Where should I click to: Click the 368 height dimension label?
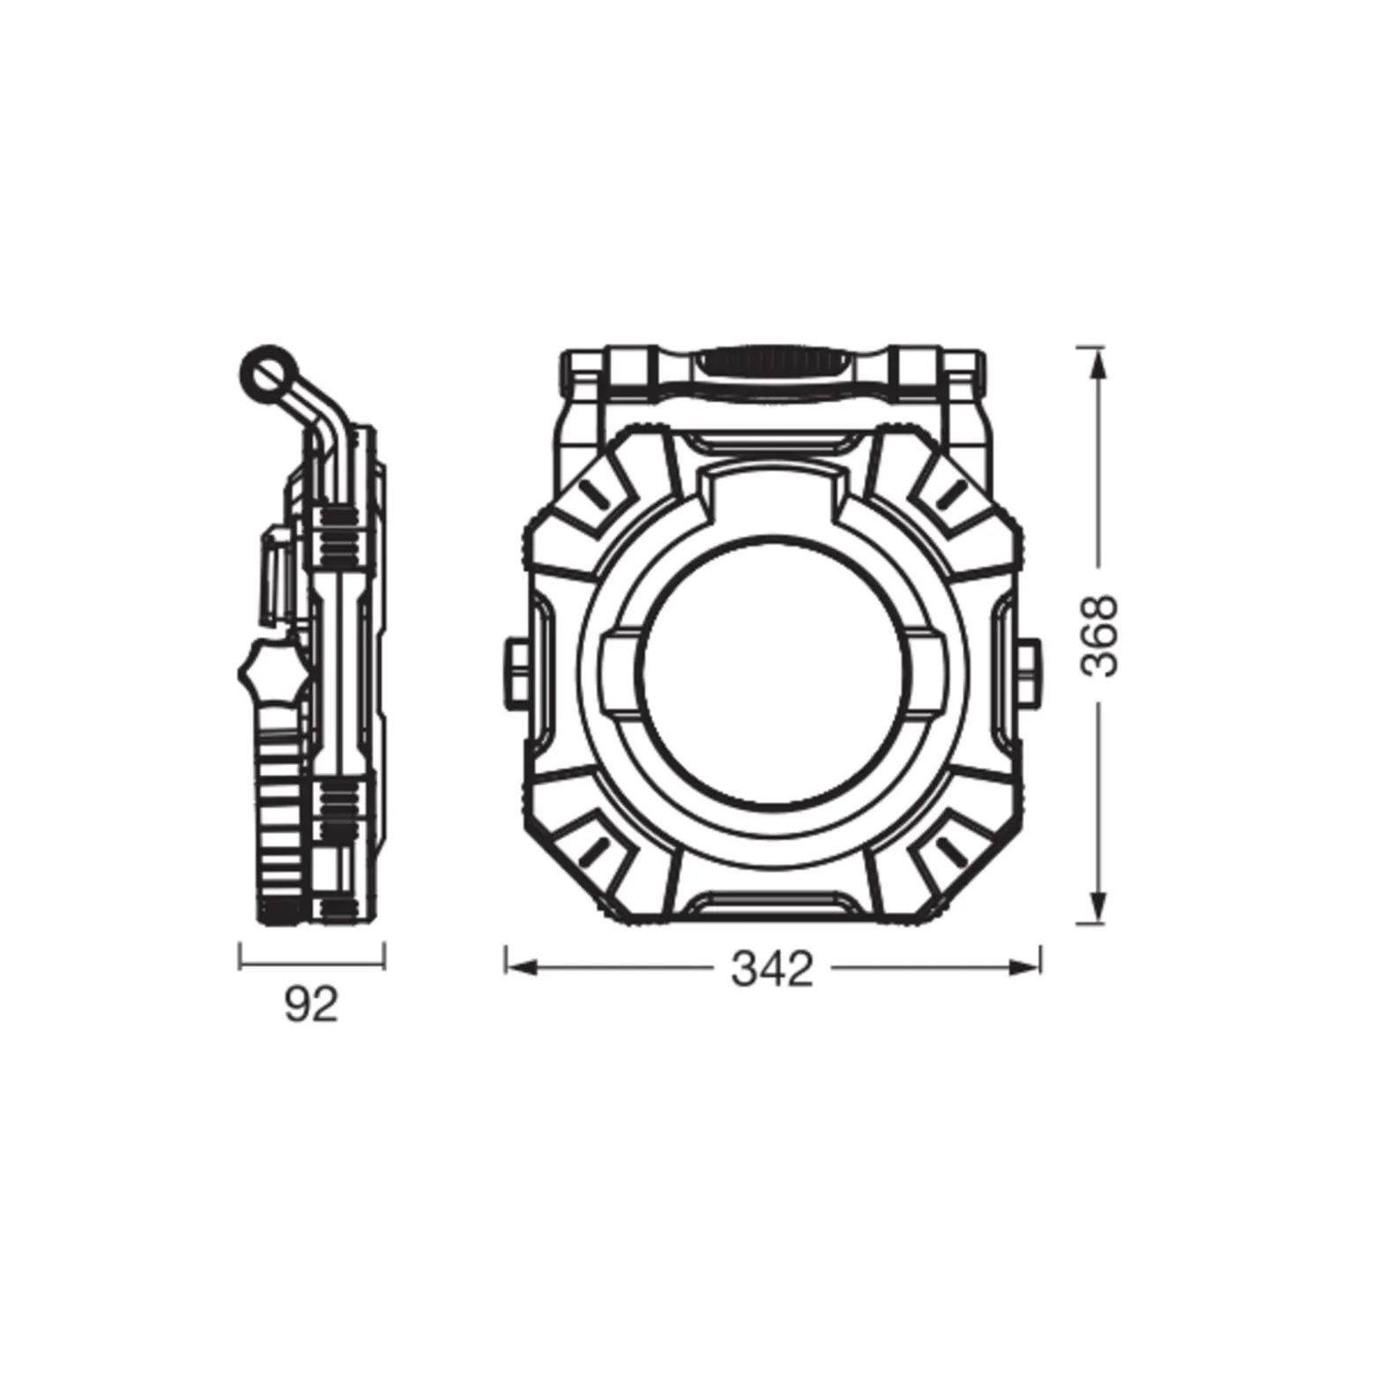pos(1100,635)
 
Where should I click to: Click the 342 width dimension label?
pos(772,971)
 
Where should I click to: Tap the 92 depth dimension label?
pos(311,1004)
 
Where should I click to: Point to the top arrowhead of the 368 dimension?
pos(1096,363)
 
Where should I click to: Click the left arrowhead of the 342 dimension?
pos(521,968)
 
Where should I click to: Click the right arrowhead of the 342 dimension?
pos(1025,968)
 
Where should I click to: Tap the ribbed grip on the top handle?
pos(772,363)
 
